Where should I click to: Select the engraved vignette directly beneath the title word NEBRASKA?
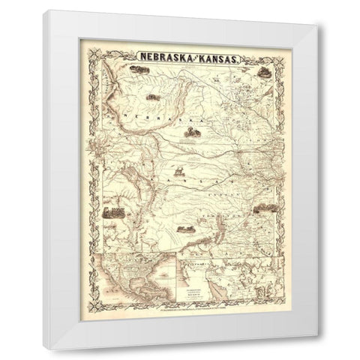[136, 70]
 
